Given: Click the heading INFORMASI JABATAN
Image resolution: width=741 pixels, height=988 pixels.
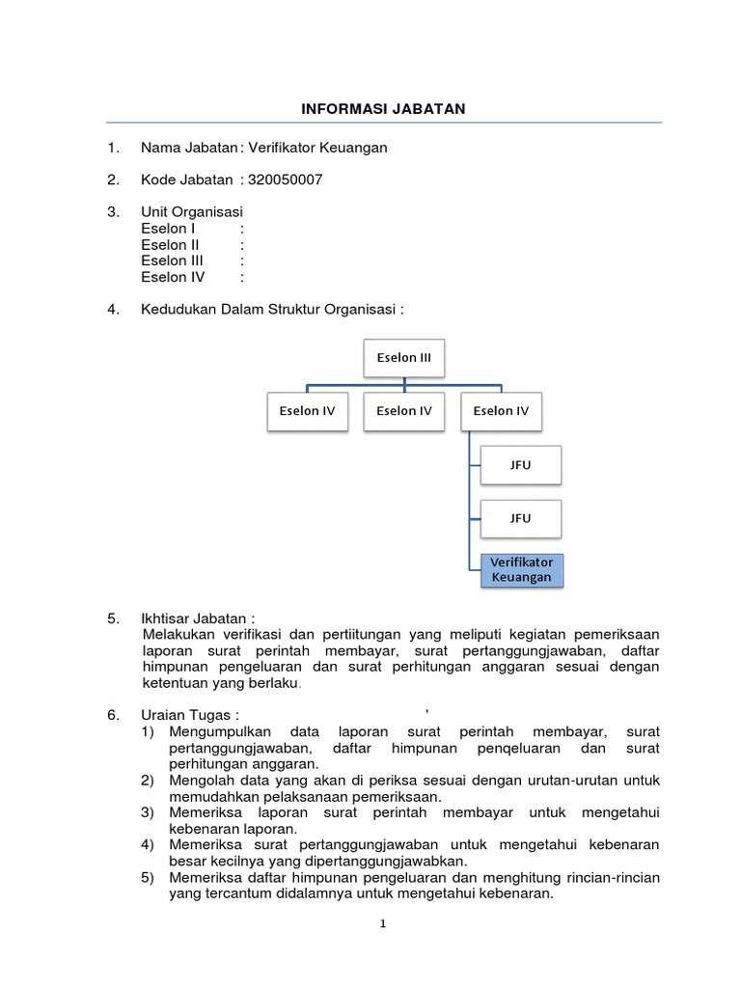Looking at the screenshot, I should pos(383,109).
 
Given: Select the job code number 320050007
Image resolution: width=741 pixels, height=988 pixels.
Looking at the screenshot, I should pos(286,179).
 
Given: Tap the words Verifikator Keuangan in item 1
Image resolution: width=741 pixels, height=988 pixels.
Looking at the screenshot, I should pos(317,148).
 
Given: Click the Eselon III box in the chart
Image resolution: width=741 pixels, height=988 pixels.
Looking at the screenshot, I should pos(404,358).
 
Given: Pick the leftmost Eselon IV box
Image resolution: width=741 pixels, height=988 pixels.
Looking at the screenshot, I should pos(307,411).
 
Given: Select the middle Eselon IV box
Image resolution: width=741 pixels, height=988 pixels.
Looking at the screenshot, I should pos(404,411).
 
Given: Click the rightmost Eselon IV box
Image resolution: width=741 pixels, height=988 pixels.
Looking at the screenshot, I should pos(501,411).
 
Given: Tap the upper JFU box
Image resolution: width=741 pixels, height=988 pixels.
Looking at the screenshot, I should pos(520,465).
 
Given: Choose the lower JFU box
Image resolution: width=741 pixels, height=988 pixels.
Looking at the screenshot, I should pos(520,518).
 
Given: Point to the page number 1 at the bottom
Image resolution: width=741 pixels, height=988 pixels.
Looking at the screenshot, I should pos(383,923).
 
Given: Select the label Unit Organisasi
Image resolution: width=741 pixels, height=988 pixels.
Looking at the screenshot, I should pos(192,211).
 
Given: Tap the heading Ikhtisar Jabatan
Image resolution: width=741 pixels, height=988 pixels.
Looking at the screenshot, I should pos(197,617).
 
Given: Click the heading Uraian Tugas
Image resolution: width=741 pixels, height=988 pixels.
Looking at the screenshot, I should pos(189,715).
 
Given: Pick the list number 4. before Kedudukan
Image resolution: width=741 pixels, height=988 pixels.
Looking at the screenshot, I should pos(113,309).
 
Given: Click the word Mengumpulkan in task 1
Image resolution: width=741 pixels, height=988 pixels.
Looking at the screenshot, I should pos(219,731).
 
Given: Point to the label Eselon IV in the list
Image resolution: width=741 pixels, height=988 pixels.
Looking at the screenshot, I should pos(172,277).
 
